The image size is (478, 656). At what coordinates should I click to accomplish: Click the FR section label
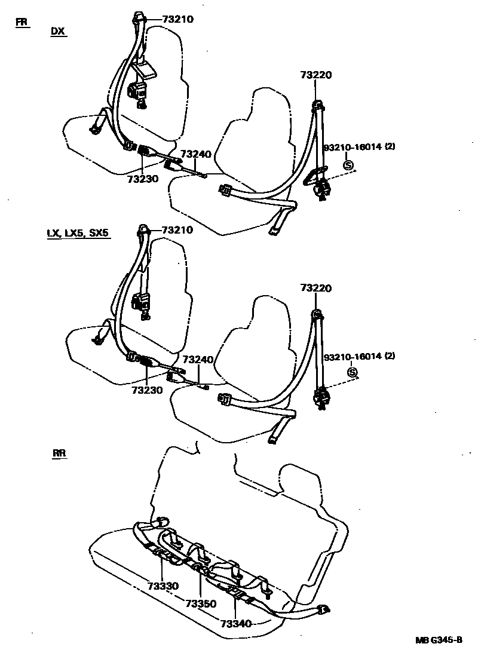tap(22, 23)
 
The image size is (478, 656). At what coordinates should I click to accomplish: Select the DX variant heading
tap(58, 32)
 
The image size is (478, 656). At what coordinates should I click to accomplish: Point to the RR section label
tap(59, 453)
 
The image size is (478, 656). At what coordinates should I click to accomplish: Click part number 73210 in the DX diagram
tap(178, 19)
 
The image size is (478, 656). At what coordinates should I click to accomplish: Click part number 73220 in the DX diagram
tap(316, 75)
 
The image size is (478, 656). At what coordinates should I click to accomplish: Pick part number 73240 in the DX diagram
tap(196, 154)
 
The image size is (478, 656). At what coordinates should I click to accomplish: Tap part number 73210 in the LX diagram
tap(178, 230)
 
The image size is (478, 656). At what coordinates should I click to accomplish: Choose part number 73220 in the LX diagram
tap(316, 289)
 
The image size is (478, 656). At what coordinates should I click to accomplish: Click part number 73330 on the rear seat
tap(163, 586)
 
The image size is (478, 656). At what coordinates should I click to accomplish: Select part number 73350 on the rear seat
tap(201, 603)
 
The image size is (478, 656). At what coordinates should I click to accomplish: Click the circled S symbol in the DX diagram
tap(348, 165)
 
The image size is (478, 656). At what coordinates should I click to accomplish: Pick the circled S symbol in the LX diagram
tap(352, 373)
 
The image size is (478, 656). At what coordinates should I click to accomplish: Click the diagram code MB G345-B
tap(439, 640)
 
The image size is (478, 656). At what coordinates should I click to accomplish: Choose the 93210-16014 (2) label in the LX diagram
tap(359, 357)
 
